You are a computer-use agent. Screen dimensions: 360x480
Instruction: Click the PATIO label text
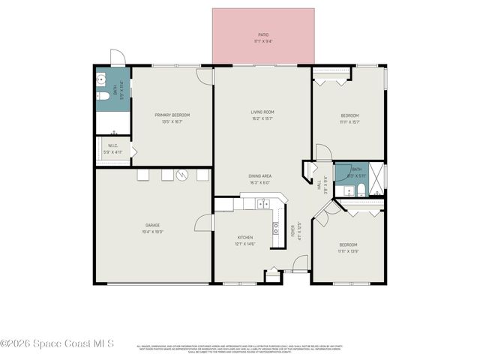pyautogui.click(x=263, y=34)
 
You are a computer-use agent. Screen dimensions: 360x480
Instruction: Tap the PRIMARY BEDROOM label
pyautogui.click(x=172, y=115)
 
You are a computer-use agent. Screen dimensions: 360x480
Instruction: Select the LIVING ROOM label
pyautogui.click(x=262, y=112)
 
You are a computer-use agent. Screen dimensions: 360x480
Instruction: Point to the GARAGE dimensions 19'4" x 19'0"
pyautogui.click(x=153, y=232)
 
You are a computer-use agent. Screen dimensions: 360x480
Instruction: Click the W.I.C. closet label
pyautogui.click(x=112, y=146)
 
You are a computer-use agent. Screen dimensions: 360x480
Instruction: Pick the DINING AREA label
pyautogui.click(x=260, y=176)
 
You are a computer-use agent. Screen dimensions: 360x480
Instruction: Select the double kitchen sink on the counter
pyautogui.click(x=263, y=203)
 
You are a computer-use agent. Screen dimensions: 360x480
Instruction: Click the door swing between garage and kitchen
pyautogui.click(x=204, y=222)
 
